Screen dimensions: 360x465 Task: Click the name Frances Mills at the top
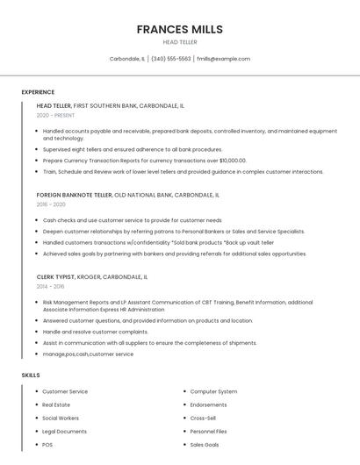click(179, 29)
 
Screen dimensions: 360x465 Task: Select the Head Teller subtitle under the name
click(179, 42)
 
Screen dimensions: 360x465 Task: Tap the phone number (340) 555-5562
click(170, 59)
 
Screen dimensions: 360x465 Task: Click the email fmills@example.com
click(223, 59)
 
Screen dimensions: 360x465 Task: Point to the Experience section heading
click(38, 92)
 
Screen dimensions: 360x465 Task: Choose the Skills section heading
click(31, 375)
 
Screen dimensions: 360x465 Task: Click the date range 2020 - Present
click(55, 115)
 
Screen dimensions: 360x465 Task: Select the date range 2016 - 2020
click(51, 204)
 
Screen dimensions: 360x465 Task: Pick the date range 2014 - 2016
click(50, 286)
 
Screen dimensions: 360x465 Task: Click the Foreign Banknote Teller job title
click(75, 194)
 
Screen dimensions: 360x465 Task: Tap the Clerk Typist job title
click(56, 276)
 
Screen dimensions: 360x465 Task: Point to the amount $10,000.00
click(232, 161)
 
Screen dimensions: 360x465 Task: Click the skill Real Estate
click(56, 404)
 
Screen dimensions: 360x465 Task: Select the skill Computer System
click(213, 391)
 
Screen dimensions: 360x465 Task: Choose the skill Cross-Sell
click(203, 418)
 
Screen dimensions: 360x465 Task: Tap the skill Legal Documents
click(64, 431)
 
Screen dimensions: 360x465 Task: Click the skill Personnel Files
click(208, 431)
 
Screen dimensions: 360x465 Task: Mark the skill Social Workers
click(61, 418)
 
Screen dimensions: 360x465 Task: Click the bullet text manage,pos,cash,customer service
click(88, 354)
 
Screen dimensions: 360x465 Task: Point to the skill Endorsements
click(208, 404)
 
